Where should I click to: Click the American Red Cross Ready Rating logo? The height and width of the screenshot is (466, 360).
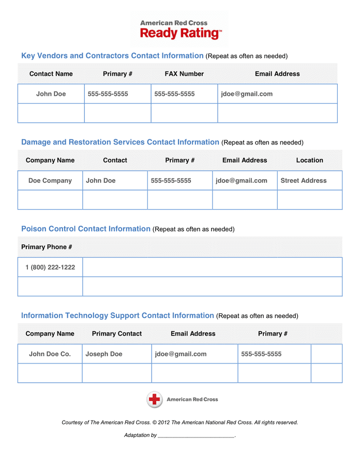point(181,29)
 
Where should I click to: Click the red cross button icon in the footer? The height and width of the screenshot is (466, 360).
point(155,399)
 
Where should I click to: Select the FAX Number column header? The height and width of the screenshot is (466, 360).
point(184,74)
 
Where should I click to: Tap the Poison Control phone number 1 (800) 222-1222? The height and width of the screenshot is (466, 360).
point(50,267)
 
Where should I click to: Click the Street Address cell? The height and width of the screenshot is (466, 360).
point(304,181)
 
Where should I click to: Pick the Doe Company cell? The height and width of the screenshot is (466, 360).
point(50,181)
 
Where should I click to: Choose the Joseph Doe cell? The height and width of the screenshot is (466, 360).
point(104,354)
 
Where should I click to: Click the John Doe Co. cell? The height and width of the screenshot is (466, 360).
point(50,354)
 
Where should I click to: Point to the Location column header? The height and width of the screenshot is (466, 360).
point(309,161)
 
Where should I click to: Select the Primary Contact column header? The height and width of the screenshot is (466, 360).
point(116,334)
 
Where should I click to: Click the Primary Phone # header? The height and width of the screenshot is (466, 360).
point(47,247)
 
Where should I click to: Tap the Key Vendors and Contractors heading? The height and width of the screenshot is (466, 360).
point(112,56)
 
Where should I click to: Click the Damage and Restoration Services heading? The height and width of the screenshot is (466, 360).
point(120,142)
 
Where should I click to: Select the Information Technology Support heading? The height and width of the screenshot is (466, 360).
point(117,316)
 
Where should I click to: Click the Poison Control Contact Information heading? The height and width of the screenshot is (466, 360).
point(86,229)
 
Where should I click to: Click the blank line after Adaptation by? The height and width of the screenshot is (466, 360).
point(196,435)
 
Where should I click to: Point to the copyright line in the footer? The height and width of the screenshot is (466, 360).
point(179,423)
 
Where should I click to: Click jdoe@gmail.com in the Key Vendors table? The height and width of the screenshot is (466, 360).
point(247,94)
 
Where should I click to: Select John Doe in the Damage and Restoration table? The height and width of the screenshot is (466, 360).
point(101,181)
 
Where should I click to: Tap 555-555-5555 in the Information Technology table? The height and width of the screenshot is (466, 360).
point(261,354)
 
